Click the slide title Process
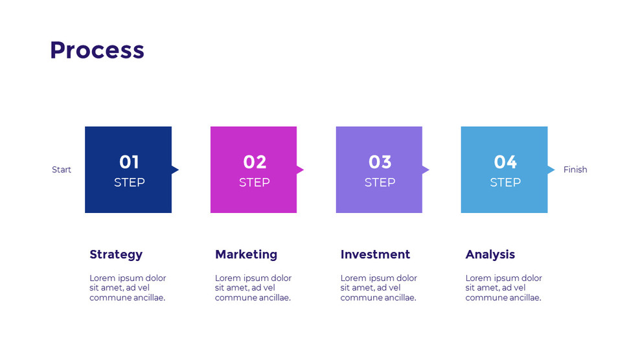pyautogui.click(x=97, y=50)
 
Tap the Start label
pyautogui.click(x=62, y=170)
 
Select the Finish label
pyautogui.click(x=575, y=170)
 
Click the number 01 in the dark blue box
pyautogui.click(x=129, y=162)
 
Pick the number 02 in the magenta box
pyautogui.click(x=255, y=162)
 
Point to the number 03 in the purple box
pyautogui.click(x=380, y=162)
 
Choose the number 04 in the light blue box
pyautogui.click(x=505, y=162)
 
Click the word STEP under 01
pyautogui.click(x=129, y=183)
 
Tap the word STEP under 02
pyautogui.click(x=255, y=183)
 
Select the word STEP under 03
pyautogui.click(x=380, y=183)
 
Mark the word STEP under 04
pyautogui.click(x=505, y=183)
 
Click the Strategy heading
pyautogui.click(x=116, y=254)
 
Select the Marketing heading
pyautogui.click(x=246, y=254)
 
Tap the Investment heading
pyautogui.click(x=375, y=254)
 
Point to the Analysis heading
pyautogui.click(x=490, y=254)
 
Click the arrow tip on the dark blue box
pyautogui.click(x=175, y=170)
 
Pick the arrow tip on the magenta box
pyautogui.click(x=300, y=170)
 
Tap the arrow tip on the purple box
pyautogui.click(x=426, y=170)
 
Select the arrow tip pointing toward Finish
pyautogui.click(x=551, y=170)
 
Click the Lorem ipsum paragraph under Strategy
pyautogui.click(x=128, y=288)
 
